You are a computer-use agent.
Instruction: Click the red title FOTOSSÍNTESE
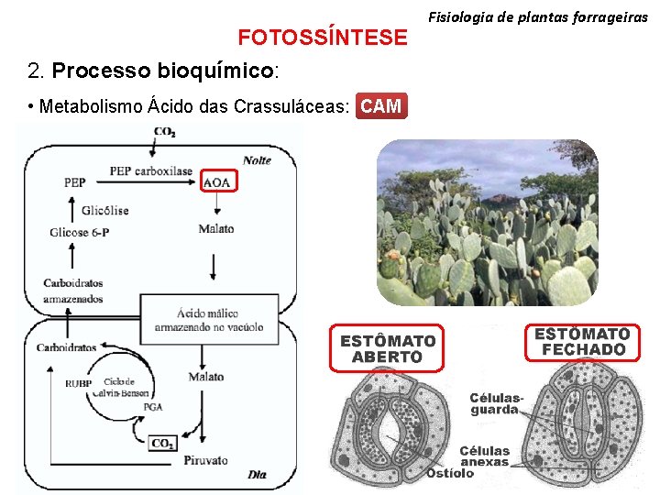click(323, 37)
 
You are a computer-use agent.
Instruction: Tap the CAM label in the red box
click(380, 106)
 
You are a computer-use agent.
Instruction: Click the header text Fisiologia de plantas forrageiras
click(538, 16)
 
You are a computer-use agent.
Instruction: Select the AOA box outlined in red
click(217, 182)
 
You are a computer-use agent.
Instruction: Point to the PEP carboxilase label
click(151, 171)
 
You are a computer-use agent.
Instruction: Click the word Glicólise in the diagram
click(104, 210)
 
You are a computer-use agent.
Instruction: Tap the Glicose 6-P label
click(80, 232)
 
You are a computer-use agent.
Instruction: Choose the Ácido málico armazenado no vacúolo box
click(209, 320)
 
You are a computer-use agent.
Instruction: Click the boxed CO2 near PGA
click(162, 443)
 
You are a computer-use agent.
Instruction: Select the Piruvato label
click(205, 460)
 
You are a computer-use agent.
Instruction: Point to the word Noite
click(258, 160)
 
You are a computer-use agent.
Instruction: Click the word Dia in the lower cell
click(258, 474)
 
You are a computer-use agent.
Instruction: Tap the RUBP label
click(78, 383)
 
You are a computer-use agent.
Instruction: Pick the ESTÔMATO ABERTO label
click(388, 348)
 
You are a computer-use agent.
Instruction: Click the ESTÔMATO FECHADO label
click(582, 341)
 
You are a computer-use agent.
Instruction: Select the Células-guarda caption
click(497, 403)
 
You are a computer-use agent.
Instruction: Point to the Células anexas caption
click(485, 456)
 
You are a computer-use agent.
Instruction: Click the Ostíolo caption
click(450, 473)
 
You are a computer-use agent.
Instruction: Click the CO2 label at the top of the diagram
click(165, 132)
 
